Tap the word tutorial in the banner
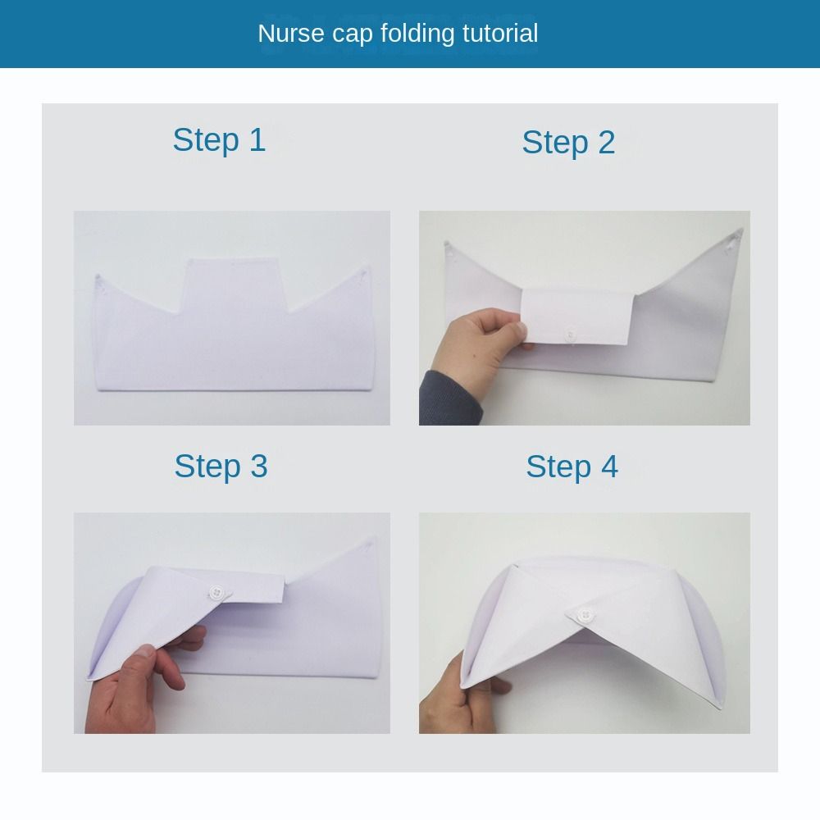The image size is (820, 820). point(500,34)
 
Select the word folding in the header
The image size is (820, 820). point(417,34)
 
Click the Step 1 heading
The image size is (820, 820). point(219,140)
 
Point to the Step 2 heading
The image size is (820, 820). point(568,142)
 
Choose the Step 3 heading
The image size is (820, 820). point(221,467)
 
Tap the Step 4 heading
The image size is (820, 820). point(572,467)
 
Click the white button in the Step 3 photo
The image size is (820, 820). point(216,593)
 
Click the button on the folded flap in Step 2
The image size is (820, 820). point(571,335)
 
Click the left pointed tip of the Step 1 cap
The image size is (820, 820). point(97,275)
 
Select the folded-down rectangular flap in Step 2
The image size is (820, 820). point(578,317)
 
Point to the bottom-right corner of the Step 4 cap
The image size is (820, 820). point(722,708)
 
